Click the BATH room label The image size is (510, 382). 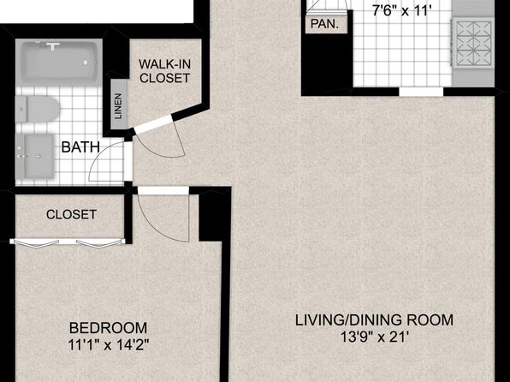pos(80,146)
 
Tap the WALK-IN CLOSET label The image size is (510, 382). pos(164,71)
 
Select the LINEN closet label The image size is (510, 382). pos(119,106)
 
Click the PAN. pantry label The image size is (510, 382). pos(324,24)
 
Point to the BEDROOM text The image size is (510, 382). pos(109,328)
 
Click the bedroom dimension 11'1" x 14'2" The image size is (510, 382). pos(109,345)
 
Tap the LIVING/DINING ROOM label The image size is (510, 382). pos(374,320)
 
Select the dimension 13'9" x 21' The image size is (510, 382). pos(374,337)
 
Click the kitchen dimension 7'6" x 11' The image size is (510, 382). pos(401,11)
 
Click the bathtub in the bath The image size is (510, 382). pos(59,62)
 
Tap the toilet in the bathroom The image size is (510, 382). pos(38,109)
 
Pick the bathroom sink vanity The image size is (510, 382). pos(35,157)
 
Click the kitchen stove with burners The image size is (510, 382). pos(473,44)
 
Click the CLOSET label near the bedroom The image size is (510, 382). pos(71,214)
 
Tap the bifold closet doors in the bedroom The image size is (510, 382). pos(68,242)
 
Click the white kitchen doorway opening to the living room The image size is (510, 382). pos(421,92)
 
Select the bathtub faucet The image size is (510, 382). pos(53,45)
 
